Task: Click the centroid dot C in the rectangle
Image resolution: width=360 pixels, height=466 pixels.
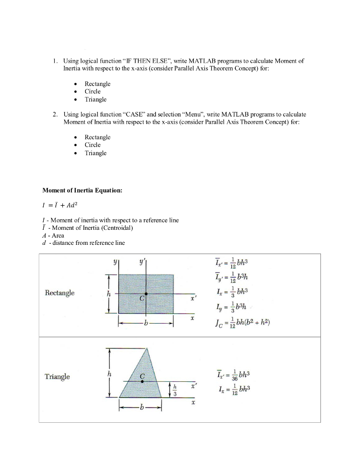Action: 146,294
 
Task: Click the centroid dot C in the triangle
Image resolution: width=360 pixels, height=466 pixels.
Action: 142,382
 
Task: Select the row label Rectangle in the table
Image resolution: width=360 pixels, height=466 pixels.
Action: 60,293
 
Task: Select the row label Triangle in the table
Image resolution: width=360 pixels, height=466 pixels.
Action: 57,376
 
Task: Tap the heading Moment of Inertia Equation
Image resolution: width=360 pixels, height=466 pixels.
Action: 82,190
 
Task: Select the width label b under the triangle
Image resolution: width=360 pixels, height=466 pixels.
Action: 140,408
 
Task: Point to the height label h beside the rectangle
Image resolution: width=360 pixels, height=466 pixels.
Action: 108,294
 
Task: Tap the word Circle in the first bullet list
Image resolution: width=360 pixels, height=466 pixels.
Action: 92,91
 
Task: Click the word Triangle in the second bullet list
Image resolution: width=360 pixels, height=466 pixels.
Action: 96,153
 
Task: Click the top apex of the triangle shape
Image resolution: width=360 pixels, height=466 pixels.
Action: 147,349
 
